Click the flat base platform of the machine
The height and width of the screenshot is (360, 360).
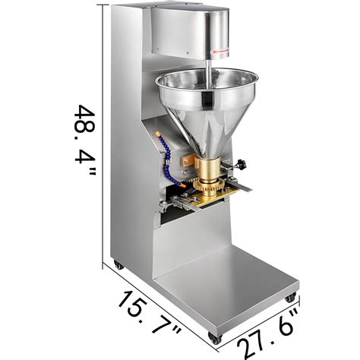pos(228,296)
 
